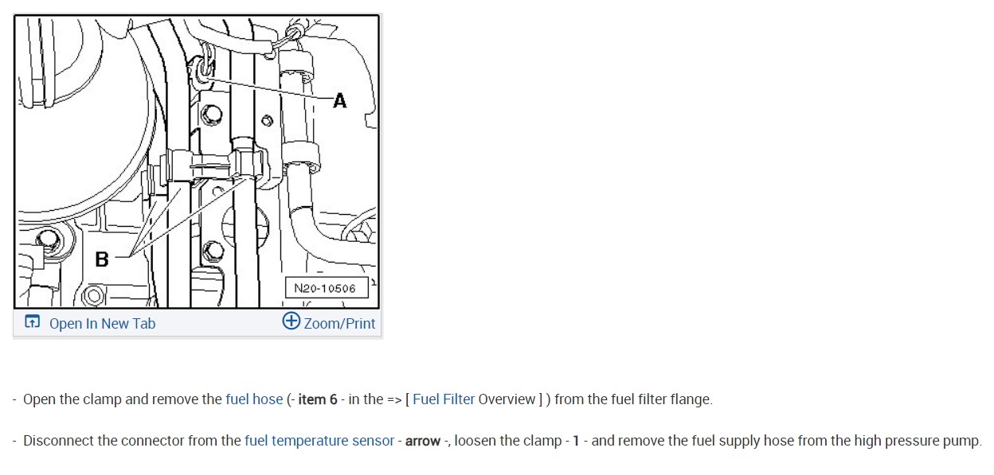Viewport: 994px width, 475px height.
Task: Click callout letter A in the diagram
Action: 340,101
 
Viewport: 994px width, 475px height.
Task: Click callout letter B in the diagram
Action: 101,259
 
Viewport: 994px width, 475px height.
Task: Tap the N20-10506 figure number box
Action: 325,288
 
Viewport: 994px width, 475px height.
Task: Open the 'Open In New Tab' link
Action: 102,323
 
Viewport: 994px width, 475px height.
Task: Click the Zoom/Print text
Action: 339,323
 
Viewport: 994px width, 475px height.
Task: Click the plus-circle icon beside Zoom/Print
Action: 292,321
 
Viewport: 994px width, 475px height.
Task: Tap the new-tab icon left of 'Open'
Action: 33,322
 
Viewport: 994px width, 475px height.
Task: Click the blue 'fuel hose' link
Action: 254,399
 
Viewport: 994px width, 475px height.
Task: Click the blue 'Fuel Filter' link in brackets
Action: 444,399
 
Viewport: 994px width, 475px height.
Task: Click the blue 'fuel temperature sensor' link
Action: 319,440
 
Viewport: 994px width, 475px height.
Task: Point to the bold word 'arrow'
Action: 422,440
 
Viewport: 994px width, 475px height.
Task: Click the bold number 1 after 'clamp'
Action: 576,440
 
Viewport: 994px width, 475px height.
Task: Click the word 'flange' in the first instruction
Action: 690,399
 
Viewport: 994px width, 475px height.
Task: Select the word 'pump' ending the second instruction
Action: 963,440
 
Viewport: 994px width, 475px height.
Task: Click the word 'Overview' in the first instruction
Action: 507,399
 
